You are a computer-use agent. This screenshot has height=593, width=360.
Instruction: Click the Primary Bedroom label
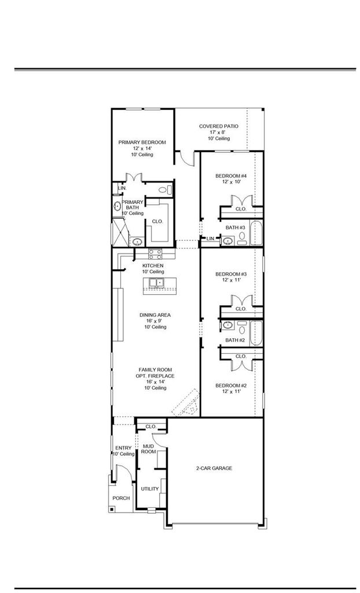click(142, 142)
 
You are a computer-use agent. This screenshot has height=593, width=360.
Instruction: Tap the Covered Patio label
click(219, 126)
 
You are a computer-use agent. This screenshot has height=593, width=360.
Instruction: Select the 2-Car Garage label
click(214, 468)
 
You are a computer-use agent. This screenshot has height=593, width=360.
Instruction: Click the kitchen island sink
click(156, 283)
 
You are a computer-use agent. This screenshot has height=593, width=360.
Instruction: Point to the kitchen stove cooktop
click(155, 254)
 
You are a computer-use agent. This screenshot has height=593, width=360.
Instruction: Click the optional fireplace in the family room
click(186, 403)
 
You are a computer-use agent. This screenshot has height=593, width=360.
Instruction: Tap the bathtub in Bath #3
click(256, 233)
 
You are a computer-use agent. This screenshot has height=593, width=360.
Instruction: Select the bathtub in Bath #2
click(256, 333)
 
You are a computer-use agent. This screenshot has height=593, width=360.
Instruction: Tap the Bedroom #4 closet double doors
click(241, 201)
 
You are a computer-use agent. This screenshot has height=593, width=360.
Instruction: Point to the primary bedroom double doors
click(134, 178)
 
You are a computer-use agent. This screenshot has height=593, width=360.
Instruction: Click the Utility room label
click(150, 489)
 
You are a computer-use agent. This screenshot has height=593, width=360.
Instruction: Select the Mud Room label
click(148, 449)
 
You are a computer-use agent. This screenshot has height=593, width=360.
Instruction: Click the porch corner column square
click(112, 510)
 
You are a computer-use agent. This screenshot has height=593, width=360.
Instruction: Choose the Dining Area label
click(155, 315)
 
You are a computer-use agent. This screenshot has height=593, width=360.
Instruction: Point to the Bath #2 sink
click(227, 325)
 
